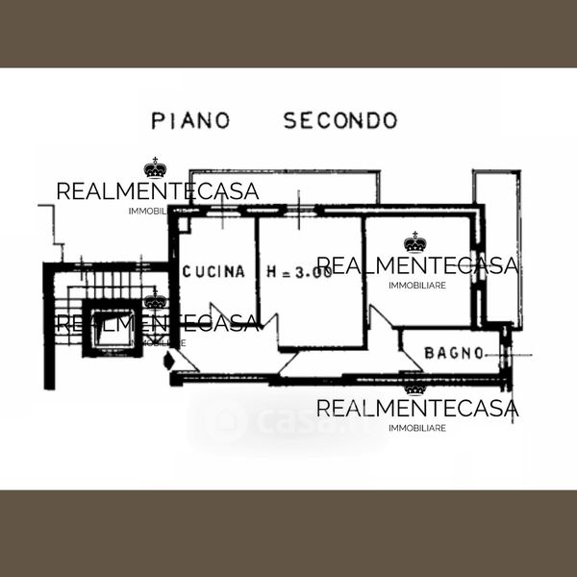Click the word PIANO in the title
point(191,120)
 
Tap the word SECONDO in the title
point(339,120)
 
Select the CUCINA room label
point(213,272)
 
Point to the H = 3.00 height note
point(298,272)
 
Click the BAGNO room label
point(454,353)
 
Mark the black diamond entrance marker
point(171,363)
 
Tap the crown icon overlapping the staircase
point(155,301)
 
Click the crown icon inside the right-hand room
point(414,241)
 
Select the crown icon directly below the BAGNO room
point(414,388)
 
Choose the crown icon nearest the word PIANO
point(155,168)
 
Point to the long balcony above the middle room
point(284,188)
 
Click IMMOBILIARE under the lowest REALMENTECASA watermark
point(416,428)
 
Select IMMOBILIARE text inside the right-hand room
point(416,285)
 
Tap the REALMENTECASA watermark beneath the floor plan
point(416,410)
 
